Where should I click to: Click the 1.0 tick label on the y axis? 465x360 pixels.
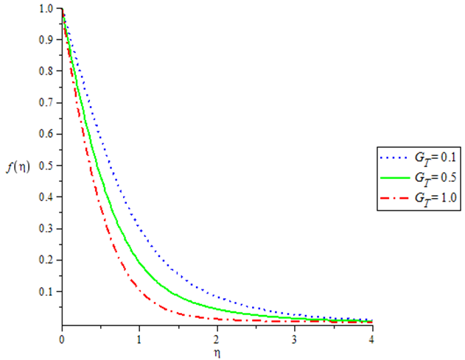pyautogui.click(x=46, y=9)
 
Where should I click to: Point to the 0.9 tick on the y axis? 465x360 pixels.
pyautogui.click(x=46, y=40)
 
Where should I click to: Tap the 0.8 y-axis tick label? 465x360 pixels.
pyautogui.click(x=46, y=71)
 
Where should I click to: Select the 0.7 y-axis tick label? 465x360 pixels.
pyautogui.click(x=46, y=103)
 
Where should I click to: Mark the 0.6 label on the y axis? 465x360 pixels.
pyautogui.click(x=46, y=135)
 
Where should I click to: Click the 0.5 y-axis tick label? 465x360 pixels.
pyautogui.click(x=46, y=166)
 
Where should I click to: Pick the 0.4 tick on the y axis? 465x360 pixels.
pyautogui.click(x=46, y=197)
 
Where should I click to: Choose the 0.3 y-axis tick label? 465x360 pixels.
pyautogui.click(x=46, y=229)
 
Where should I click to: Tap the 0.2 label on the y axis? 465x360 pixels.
pyautogui.click(x=46, y=261)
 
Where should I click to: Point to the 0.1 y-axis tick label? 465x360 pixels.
pyautogui.click(x=46, y=292)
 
